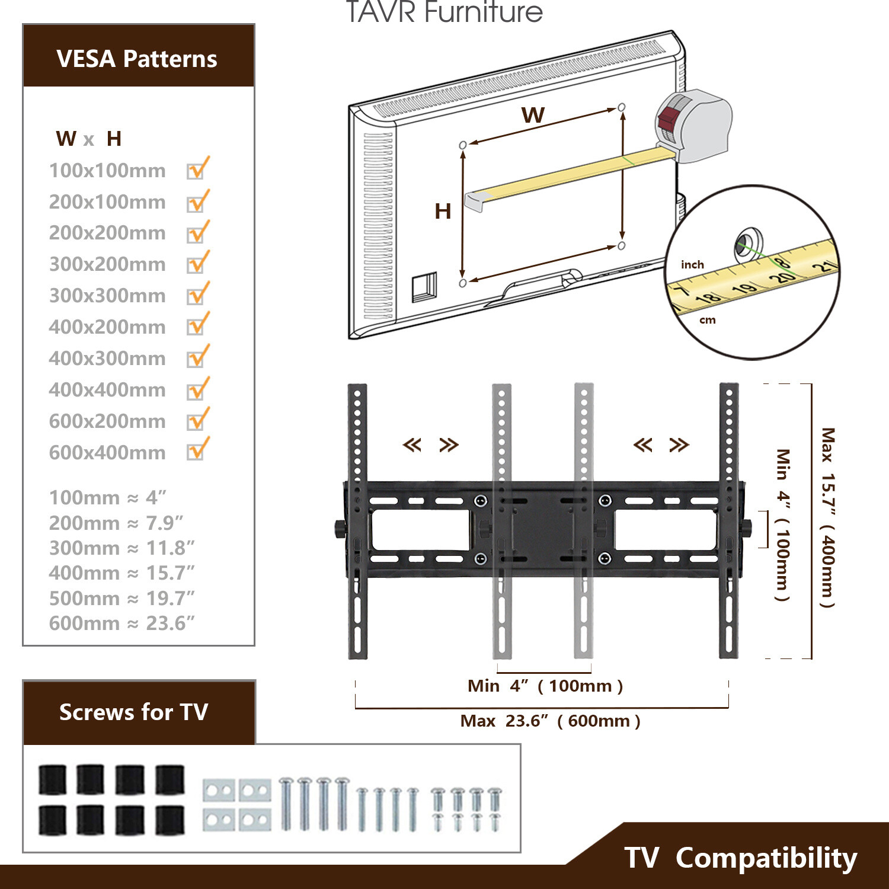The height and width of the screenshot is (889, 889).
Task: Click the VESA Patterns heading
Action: (x=137, y=59)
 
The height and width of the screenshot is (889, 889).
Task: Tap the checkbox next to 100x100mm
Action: (x=196, y=170)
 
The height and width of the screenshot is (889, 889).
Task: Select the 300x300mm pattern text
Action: (x=107, y=295)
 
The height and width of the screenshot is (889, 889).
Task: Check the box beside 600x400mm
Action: (x=196, y=451)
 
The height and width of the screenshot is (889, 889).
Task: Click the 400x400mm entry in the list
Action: (x=107, y=389)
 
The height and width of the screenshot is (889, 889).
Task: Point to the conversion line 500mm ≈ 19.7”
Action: (x=121, y=598)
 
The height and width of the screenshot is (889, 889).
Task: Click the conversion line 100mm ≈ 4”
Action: (x=107, y=497)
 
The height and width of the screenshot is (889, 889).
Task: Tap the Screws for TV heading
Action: (x=134, y=712)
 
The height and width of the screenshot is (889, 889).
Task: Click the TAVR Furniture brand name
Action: (x=444, y=12)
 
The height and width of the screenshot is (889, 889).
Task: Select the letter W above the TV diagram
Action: (x=533, y=115)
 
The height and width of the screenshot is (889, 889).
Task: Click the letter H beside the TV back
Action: (x=443, y=211)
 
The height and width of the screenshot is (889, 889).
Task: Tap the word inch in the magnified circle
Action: (x=692, y=264)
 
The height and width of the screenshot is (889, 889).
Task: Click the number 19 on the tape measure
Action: (x=744, y=289)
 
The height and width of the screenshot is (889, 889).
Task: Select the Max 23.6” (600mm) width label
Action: (x=550, y=721)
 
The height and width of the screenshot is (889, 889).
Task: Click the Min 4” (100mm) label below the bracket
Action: (x=545, y=686)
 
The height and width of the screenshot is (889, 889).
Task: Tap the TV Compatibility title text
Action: (x=740, y=858)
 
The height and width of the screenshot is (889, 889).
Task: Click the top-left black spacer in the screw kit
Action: (x=52, y=779)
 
